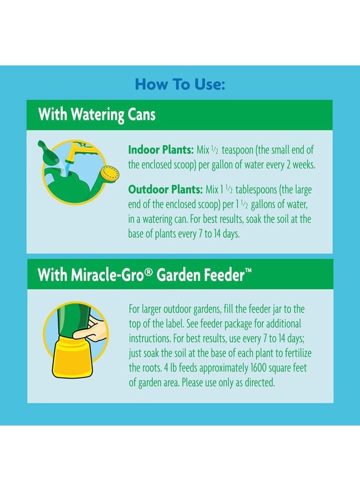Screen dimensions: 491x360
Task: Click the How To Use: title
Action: coord(180,85)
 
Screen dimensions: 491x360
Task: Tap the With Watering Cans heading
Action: coord(97,115)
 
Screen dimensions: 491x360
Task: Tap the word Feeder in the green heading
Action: coord(224,275)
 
